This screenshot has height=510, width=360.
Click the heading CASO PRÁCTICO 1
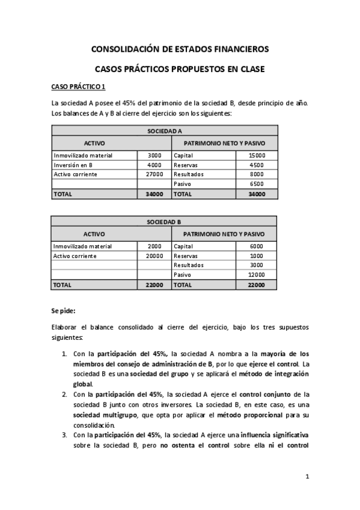79,87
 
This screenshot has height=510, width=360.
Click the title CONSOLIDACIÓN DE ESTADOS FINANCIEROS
180,49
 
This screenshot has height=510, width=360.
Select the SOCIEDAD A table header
165,131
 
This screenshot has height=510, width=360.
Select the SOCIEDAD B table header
165,222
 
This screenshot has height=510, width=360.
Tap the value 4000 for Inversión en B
154,165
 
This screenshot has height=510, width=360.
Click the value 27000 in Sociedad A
154,174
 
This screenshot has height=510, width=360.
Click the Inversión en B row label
73,165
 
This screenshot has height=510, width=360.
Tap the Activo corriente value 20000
154,256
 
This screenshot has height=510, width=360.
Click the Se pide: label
63,311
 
